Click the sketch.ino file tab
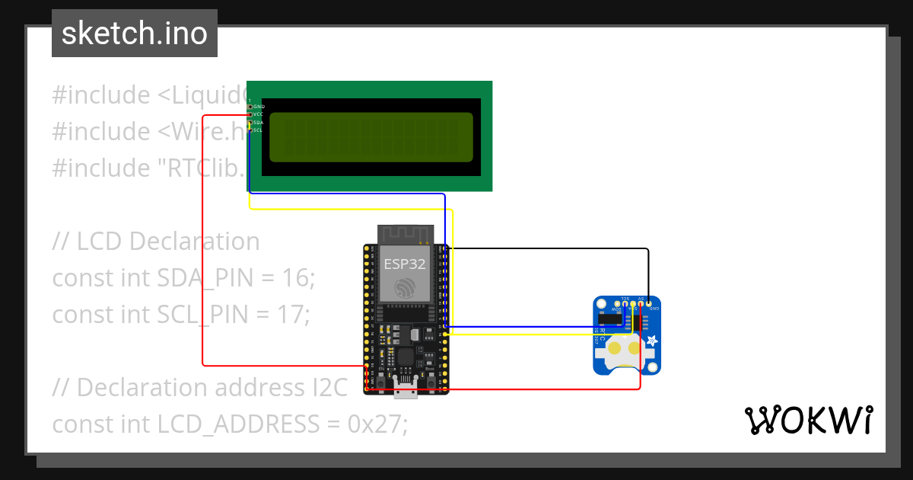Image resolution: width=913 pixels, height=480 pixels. (x=134, y=34)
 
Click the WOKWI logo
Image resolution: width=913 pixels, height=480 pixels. (x=807, y=420)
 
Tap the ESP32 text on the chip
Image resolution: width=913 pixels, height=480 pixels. (x=404, y=264)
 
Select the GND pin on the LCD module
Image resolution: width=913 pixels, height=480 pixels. (x=250, y=107)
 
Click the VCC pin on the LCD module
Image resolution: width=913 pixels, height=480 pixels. (x=250, y=114)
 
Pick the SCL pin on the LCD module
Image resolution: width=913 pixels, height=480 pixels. (x=250, y=130)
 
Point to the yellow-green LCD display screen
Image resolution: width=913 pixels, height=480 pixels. (x=371, y=136)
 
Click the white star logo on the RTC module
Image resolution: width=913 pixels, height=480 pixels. (x=652, y=341)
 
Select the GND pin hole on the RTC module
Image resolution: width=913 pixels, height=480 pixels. (x=648, y=305)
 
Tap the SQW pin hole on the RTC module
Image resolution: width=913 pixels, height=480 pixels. (x=617, y=305)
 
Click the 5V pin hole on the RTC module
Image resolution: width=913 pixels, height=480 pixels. (x=641, y=305)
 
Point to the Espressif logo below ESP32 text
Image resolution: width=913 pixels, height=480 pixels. (x=404, y=288)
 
